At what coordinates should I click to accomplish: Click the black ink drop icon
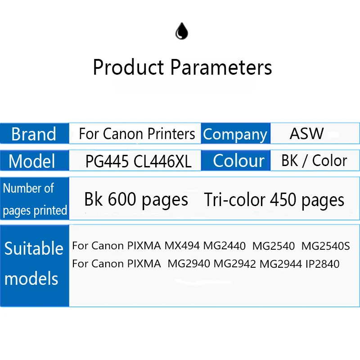[182, 31]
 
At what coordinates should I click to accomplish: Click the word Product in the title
[128, 67]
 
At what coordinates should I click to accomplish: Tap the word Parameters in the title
[221, 67]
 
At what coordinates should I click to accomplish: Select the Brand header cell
[35, 134]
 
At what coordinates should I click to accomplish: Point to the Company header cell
[235, 134]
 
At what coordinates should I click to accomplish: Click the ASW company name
[307, 133]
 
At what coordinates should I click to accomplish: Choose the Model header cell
[35, 161]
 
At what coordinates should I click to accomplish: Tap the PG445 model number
[107, 161]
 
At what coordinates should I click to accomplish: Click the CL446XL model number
[162, 161]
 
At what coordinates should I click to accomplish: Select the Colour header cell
[235, 161]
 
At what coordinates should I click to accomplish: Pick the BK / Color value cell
[315, 161]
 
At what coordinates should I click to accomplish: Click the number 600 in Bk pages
[122, 199]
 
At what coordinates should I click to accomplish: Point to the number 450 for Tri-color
[283, 200]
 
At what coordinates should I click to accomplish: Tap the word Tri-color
[235, 200]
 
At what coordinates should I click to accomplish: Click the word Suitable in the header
[34, 248]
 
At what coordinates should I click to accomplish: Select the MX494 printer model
[182, 246]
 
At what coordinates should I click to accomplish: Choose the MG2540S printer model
[325, 246]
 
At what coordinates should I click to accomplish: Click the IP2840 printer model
[322, 264]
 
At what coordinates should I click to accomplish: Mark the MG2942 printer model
[234, 264]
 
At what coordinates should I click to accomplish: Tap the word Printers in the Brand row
[171, 134]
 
